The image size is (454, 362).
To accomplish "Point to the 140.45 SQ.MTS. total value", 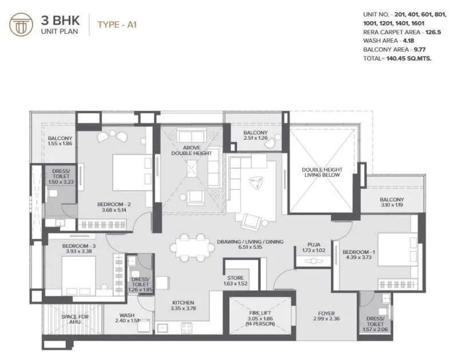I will [x=410, y=58].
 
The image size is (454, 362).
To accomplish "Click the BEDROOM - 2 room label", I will [x=115, y=205].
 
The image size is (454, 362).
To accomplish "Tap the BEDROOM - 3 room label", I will [x=79, y=246].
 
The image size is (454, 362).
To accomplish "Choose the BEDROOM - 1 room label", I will [x=359, y=252].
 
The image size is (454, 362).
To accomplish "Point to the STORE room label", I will [x=235, y=279].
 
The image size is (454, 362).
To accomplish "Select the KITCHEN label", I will [x=183, y=303].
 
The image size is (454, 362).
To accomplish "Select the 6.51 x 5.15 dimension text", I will [x=250, y=249].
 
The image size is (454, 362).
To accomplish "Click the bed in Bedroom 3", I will [x=78, y=273].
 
